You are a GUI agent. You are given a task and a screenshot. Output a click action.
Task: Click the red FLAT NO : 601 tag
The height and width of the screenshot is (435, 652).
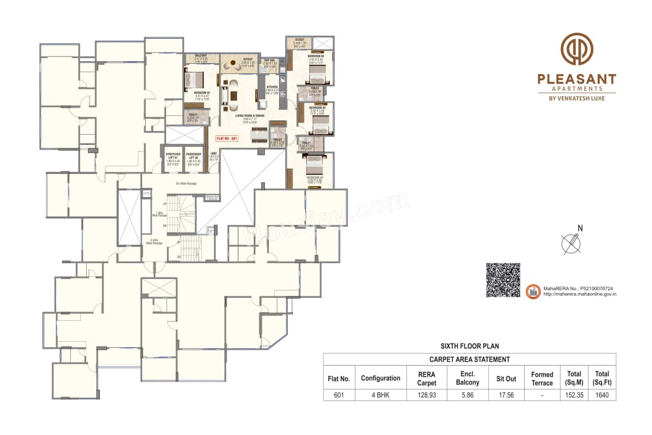pyautogui.click(x=227, y=138)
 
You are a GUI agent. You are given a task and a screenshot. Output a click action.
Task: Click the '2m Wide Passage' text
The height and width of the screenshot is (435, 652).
pyautogui.click(x=186, y=184)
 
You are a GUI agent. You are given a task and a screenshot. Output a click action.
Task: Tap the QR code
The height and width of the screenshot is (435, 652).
pyautogui.click(x=503, y=280)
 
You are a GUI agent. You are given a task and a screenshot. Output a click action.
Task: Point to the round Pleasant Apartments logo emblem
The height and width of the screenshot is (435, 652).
pyautogui.click(x=577, y=49)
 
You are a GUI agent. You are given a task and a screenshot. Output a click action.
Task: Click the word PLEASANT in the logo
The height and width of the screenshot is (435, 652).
pyautogui.click(x=577, y=79)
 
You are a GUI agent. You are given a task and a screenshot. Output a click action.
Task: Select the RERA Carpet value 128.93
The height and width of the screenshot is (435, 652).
pyautogui.click(x=426, y=395)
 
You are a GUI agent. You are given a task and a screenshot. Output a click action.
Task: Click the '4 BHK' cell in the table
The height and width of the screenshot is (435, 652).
pyautogui.click(x=380, y=395)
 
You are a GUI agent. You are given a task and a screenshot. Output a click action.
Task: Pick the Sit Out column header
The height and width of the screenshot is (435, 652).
pyautogui.click(x=506, y=378)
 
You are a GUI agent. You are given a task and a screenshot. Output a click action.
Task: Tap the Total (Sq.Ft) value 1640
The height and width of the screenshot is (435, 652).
pyautogui.click(x=602, y=395)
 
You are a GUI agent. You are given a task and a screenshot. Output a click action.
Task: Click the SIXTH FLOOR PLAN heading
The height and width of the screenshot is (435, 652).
pyautogui.click(x=469, y=346)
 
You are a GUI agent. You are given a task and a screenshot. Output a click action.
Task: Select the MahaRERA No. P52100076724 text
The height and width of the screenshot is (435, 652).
pyautogui.click(x=579, y=288)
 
